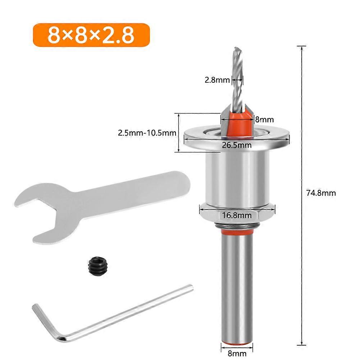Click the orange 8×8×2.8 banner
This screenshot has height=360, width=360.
[x=91, y=35]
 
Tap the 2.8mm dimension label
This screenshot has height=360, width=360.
[x=217, y=80]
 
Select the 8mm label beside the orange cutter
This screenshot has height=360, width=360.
[x=264, y=119]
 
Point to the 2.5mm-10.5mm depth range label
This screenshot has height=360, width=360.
[x=147, y=133]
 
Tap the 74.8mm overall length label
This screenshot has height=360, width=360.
[x=321, y=193]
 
